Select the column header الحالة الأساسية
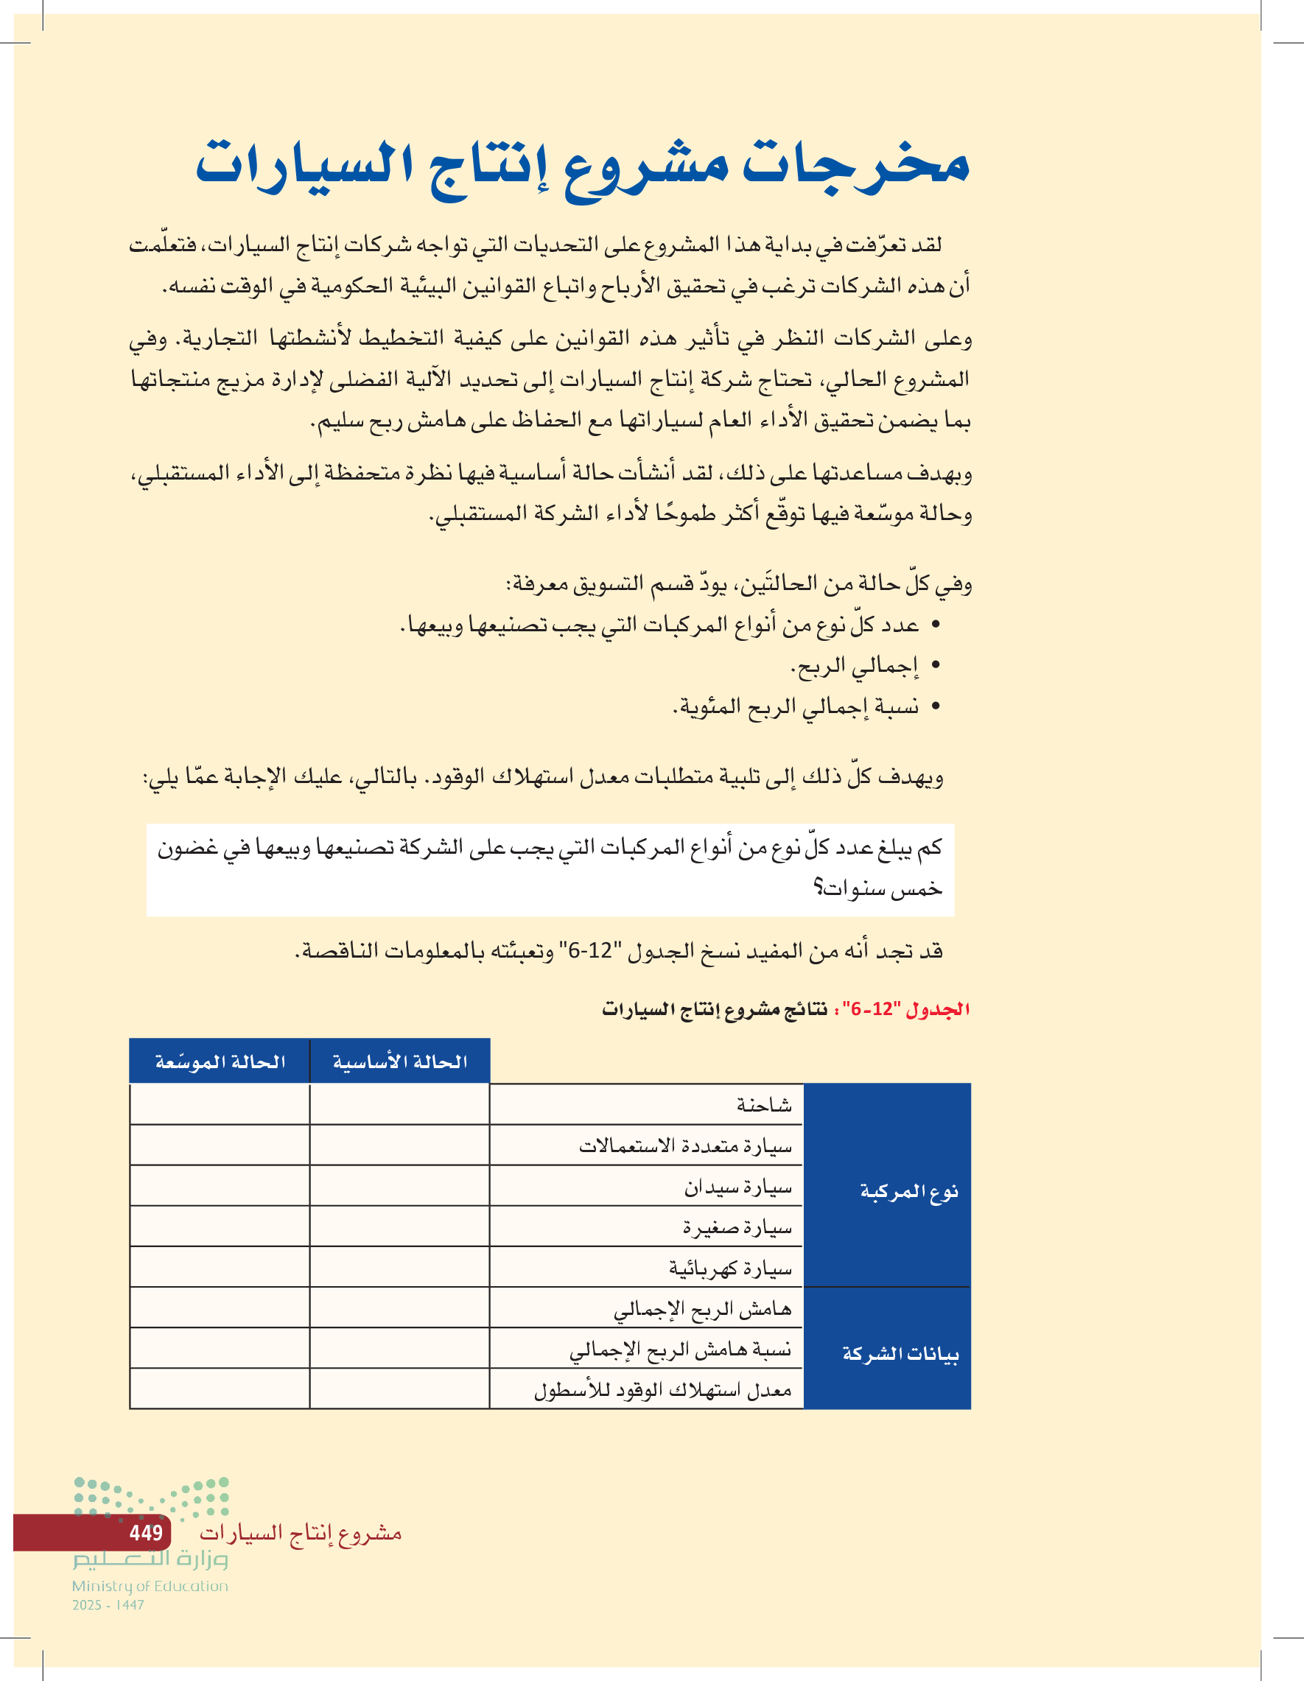click(399, 1061)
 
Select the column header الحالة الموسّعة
click(220, 1061)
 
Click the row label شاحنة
click(764, 1105)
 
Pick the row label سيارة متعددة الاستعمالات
click(685, 1146)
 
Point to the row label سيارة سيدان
click(737, 1187)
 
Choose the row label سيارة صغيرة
click(737, 1228)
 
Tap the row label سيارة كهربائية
click(730, 1268)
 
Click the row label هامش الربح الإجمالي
click(702, 1308)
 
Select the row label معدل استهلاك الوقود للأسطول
click(663, 1390)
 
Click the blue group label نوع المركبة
click(908, 1191)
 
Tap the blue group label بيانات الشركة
click(900, 1352)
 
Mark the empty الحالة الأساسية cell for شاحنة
click(399, 1104)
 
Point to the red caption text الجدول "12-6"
click(906, 1009)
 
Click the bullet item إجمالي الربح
click(855, 666)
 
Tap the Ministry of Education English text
click(150, 1585)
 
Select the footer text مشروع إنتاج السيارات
click(300, 1532)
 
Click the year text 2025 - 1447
click(108, 1605)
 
